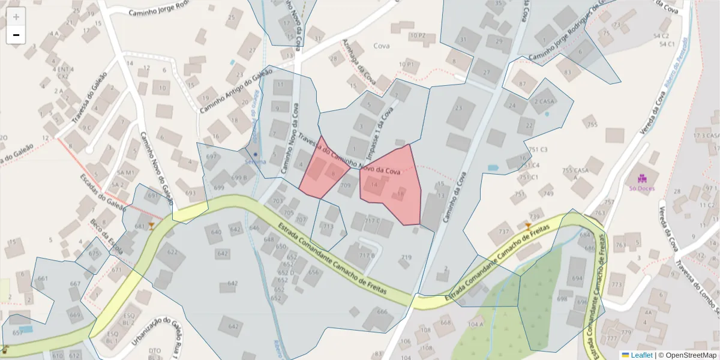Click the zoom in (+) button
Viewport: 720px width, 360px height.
pos(16,17)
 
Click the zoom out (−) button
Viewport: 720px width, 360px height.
pos(16,35)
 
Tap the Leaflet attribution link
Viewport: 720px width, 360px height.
pos(641,355)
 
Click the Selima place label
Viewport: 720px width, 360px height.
pos(255,161)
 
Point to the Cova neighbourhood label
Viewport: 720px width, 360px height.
pos(382,46)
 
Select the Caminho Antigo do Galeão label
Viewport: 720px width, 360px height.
pos(229,91)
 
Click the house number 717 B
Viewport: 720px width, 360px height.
pos(367,255)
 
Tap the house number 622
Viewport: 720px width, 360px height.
pos(172,252)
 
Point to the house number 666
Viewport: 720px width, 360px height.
pos(382,311)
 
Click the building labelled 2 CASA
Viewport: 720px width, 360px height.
pos(544,101)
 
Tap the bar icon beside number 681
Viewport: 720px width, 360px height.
pos(151,226)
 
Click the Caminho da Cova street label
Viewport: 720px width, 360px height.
pos(454,198)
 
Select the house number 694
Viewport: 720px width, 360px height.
pos(577,278)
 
